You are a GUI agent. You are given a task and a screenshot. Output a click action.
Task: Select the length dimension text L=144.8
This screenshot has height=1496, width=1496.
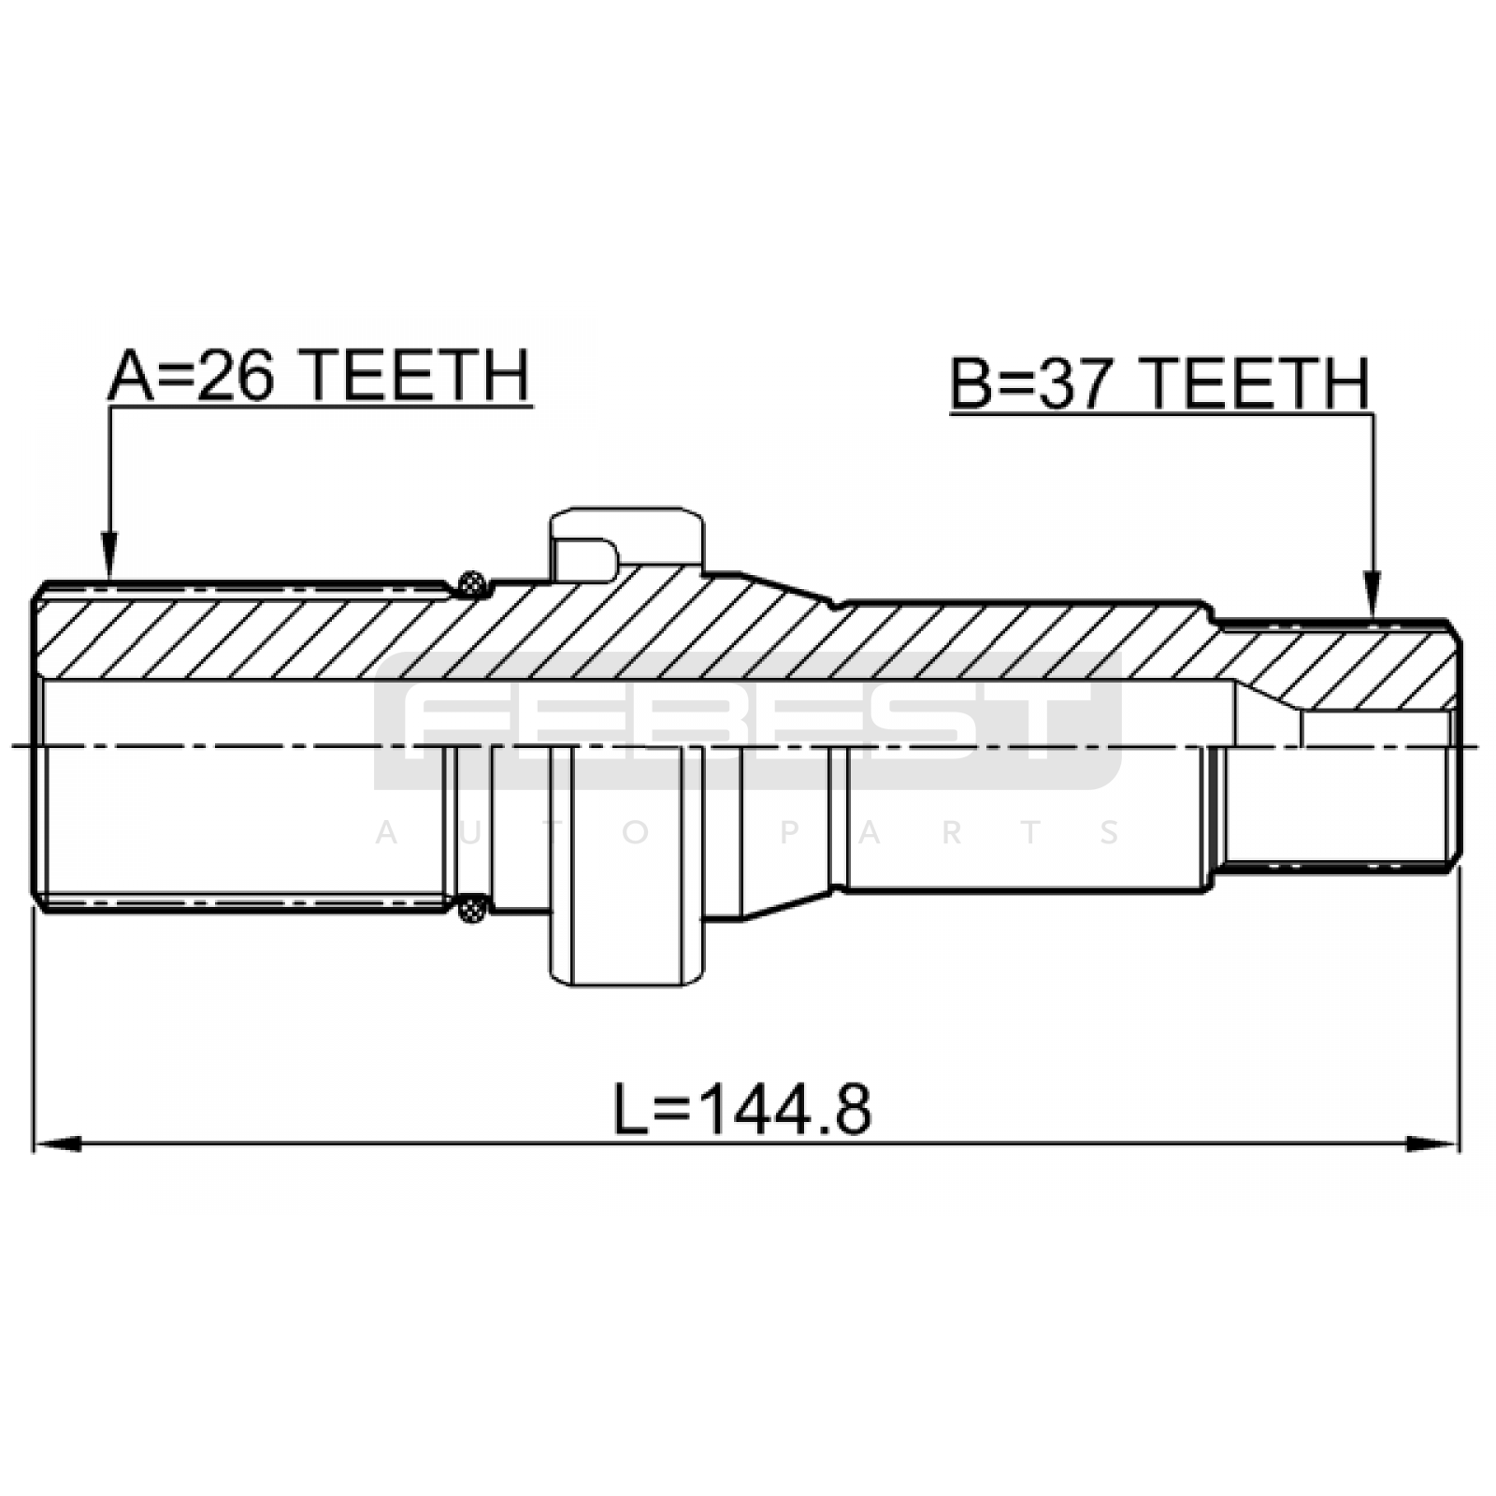coord(742,1110)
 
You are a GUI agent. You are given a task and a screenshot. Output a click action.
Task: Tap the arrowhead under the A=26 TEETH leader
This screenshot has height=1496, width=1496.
coord(109,555)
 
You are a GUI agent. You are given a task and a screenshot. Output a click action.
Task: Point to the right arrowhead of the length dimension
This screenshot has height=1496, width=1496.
coord(1434,1144)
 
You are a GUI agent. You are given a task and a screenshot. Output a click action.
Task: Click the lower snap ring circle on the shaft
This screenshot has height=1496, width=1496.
coord(473,907)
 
